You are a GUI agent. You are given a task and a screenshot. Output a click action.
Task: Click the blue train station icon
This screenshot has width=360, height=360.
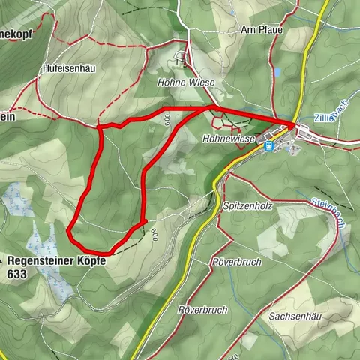268,147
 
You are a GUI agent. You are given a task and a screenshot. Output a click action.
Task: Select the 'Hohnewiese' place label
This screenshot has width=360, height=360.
229,139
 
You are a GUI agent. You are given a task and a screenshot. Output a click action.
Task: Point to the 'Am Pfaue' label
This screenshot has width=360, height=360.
259,30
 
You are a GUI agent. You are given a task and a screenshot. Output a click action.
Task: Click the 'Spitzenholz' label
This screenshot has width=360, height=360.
247,205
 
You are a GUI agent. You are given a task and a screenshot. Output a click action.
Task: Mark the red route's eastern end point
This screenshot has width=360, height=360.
293,124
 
